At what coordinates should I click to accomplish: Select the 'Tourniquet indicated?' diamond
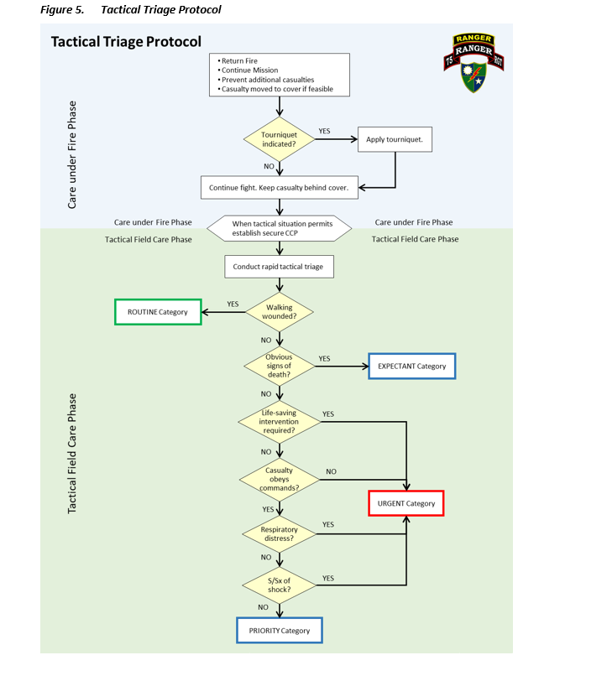[x=279, y=139]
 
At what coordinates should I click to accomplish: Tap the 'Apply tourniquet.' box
[x=395, y=139]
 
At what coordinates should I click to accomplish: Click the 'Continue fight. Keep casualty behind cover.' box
[x=279, y=188]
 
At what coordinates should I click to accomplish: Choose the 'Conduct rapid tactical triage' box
[x=279, y=268]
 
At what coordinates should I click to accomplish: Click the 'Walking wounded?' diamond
[x=279, y=311]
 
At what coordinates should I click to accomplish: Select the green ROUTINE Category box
[x=158, y=312]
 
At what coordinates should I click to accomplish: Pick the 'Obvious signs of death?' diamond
[x=279, y=366]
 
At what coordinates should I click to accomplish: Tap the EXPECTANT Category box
[x=411, y=367]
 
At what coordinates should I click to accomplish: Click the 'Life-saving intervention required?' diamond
[x=279, y=421]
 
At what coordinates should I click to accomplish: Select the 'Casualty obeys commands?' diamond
[x=279, y=479]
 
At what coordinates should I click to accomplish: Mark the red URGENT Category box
[x=406, y=503]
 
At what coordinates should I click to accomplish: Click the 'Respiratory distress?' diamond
[x=279, y=533]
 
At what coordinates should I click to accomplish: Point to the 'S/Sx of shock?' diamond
[x=279, y=585]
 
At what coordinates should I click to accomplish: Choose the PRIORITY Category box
[x=279, y=631]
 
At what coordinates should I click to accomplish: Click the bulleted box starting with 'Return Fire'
[x=279, y=75]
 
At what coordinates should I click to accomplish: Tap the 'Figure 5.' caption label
[x=61, y=10]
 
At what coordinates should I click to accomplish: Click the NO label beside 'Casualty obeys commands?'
[x=331, y=471]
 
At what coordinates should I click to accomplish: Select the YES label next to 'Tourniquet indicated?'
[x=324, y=131]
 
